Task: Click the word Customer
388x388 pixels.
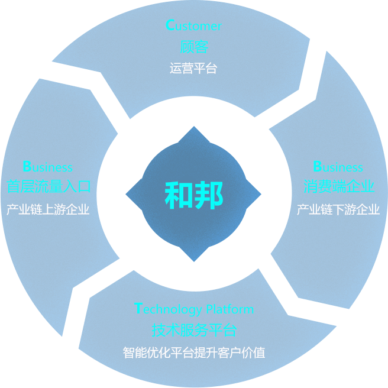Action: [x=194, y=25]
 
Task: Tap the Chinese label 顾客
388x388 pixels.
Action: [x=194, y=47]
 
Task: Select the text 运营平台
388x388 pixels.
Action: [x=193, y=68]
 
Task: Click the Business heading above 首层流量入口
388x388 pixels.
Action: [x=48, y=167]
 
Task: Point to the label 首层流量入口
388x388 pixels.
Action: [x=48, y=187]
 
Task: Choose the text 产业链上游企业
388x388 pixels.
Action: [x=48, y=209]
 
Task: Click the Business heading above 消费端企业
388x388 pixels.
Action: [x=338, y=167]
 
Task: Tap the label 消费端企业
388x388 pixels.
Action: [x=339, y=187]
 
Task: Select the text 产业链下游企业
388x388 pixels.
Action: [x=338, y=209]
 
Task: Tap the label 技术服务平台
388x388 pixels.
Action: [x=194, y=330]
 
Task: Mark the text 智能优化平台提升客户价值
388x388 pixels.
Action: [x=194, y=353]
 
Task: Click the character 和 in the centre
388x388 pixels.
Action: [x=179, y=194]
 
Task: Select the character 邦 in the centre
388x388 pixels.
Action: [x=209, y=194]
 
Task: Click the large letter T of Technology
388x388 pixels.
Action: [x=138, y=308]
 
